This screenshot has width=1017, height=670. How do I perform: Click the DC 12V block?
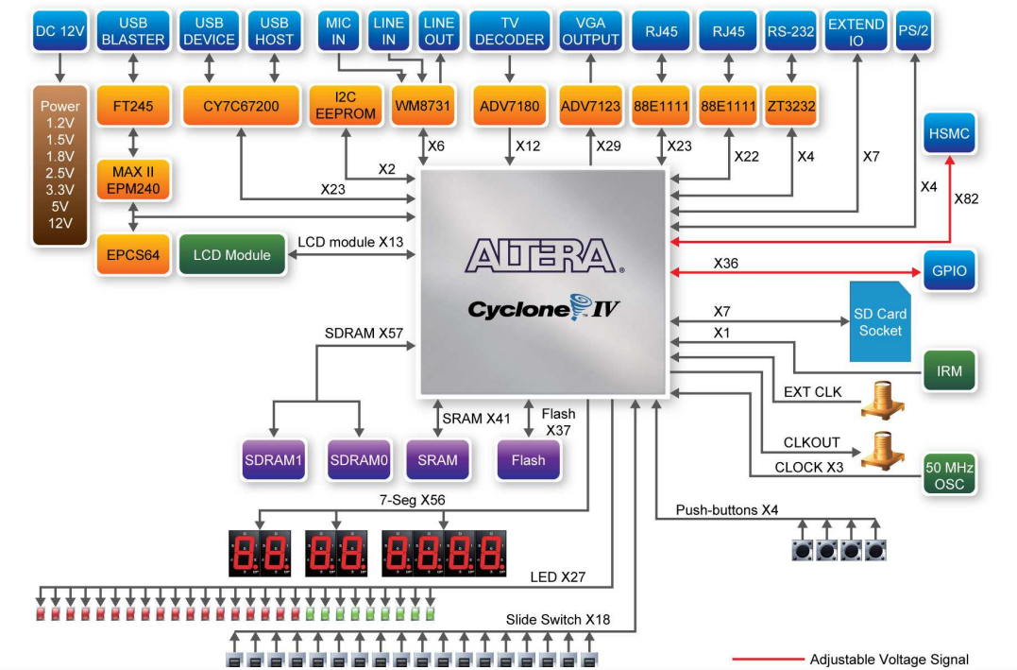59,31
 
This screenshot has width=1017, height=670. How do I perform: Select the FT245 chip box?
132,106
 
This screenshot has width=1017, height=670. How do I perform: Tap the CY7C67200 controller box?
241,106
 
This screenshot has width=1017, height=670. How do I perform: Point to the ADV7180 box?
509,106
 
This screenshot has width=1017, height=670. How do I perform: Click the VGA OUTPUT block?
590,31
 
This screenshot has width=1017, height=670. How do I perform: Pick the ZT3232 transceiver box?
790,106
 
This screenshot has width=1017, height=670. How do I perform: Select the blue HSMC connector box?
949,134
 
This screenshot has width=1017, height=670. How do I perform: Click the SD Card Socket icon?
879,322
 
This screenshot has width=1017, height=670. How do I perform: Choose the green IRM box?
949,370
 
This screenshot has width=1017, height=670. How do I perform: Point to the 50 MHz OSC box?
949,475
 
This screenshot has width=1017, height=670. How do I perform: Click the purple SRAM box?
437,460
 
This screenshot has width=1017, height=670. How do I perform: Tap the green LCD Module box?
231,255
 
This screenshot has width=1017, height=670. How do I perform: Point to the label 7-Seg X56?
413,502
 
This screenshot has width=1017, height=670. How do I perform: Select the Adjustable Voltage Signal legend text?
889,660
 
